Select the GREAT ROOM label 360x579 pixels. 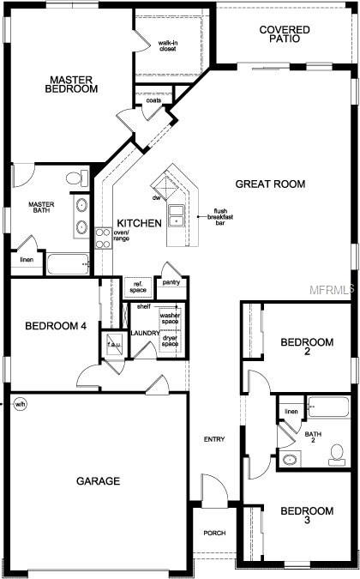click(270, 184)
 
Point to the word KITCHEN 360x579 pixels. click(139, 223)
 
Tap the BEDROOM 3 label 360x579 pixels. click(307, 516)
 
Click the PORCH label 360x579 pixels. click(213, 534)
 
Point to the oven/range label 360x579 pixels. click(121, 236)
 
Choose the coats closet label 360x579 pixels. click(153, 100)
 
